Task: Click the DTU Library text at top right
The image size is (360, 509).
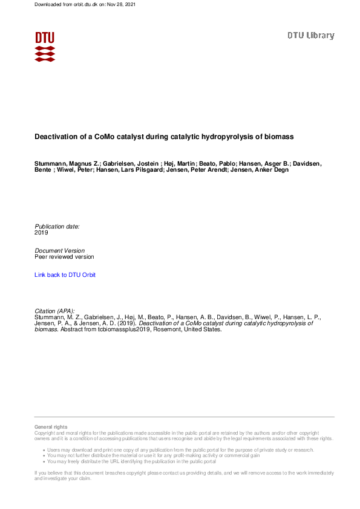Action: (310, 36)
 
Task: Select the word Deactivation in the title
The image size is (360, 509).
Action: (56, 137)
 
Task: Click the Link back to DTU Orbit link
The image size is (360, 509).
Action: (65, 275)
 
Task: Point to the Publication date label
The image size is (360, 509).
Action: (57, 226)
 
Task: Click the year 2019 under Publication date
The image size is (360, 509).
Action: (41, 232)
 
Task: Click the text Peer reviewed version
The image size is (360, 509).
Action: (64, 256)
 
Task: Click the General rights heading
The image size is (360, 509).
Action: (51, 427)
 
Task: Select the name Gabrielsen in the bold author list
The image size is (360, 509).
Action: (122, 164)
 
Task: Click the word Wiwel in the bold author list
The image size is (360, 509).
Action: (70, 170)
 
